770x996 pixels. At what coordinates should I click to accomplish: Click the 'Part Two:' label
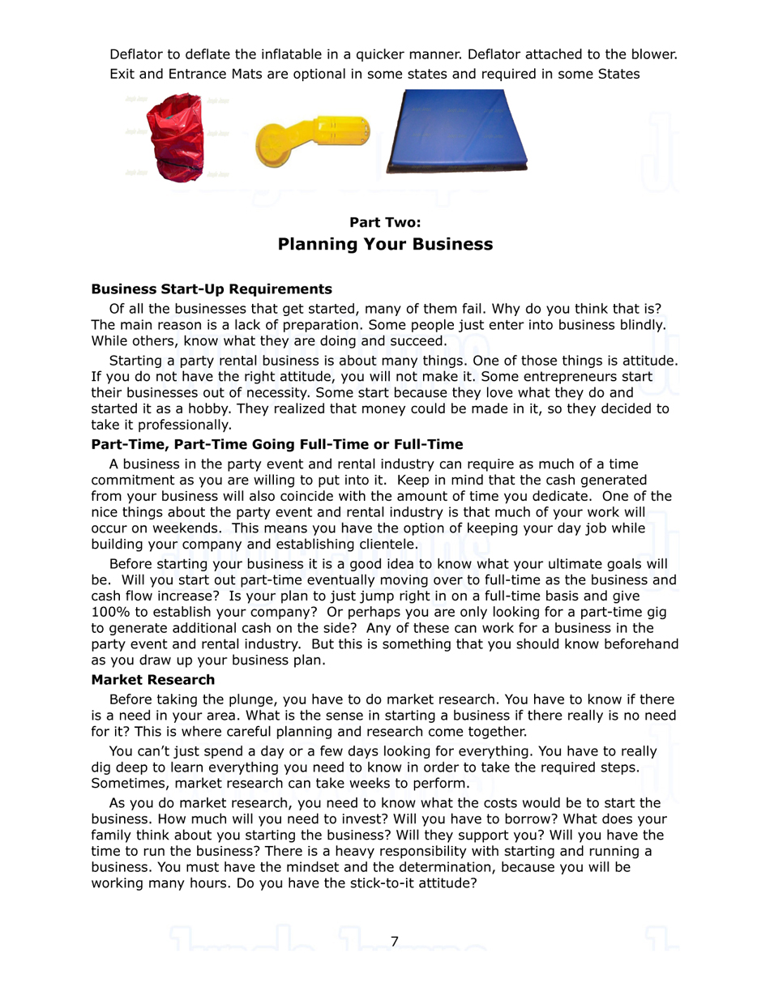click(x=385, y=222)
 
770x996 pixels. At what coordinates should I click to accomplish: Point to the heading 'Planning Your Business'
click(x=385, y=244)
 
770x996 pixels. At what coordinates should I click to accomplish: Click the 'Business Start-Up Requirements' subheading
click(x=212, y=289)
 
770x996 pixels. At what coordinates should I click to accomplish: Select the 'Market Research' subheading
click(x=153, y=680)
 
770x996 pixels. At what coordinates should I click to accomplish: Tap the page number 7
click(x=395, y=941)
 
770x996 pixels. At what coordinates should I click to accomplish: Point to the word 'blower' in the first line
click(x=652, y=54)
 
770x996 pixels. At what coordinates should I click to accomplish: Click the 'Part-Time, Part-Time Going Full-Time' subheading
click(x=277, y=444)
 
